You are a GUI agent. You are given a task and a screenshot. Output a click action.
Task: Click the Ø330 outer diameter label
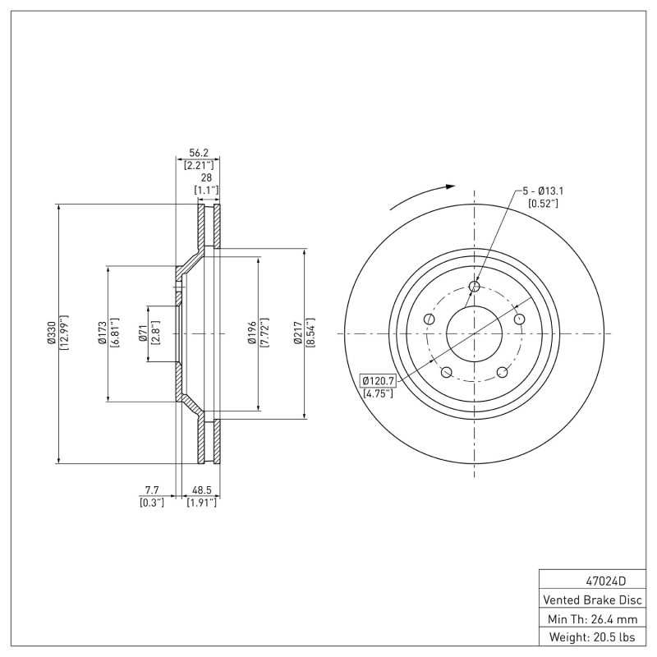click(52, 334)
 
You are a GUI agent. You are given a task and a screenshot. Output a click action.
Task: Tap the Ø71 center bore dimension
click(143, 334)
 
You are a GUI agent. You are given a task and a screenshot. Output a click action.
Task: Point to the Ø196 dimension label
click(254, 334)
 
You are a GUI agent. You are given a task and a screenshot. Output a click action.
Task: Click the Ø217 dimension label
click(300, 334)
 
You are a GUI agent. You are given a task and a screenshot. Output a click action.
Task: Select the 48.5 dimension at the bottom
click(202, 491)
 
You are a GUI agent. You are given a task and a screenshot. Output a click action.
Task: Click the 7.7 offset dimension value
click(152, 491)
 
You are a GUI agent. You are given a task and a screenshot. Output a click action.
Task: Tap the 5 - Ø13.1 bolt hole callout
click(543, 192)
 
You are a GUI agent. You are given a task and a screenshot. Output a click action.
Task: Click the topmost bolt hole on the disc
click(474, 287)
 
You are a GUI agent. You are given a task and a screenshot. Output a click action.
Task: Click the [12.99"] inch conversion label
click(63, 334)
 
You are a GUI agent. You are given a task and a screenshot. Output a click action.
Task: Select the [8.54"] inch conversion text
click(310, 334)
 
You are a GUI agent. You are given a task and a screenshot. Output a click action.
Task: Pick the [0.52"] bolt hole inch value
click(543, 204)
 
